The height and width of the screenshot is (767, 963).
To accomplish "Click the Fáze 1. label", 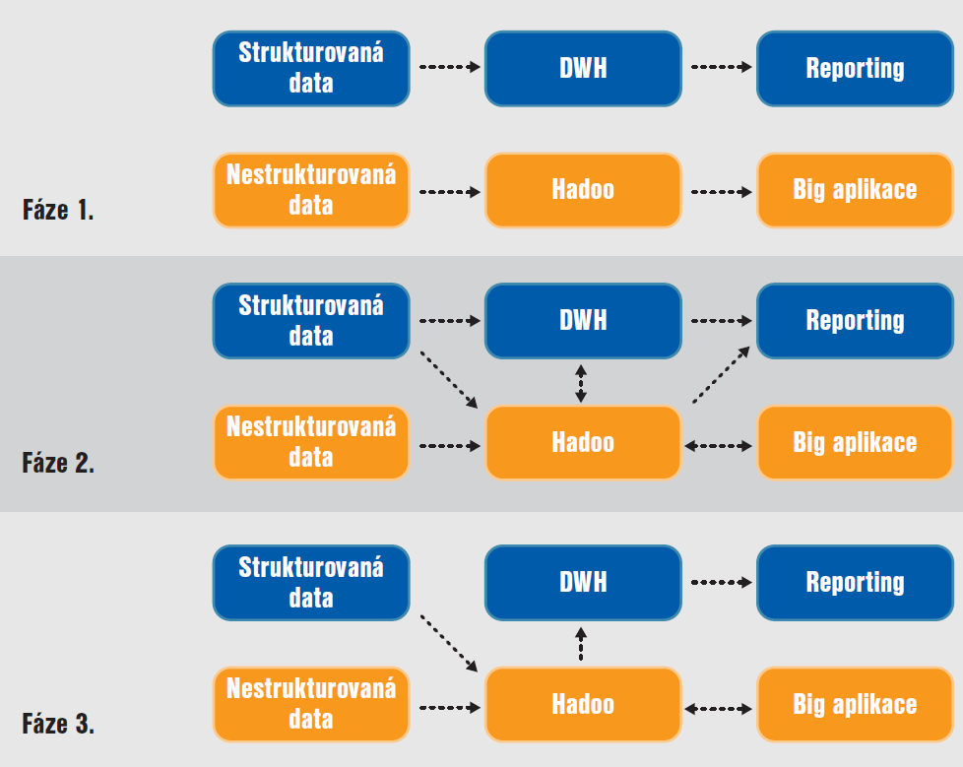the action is point(58,210).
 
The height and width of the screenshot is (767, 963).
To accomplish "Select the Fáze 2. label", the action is point(58,463).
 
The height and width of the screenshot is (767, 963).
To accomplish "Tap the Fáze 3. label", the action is point(58,724).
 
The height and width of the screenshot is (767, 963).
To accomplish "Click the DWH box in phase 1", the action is point(583,69).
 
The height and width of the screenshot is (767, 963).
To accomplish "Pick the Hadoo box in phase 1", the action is point(583,190).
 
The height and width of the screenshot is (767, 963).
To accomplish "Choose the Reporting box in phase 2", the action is point(855,321).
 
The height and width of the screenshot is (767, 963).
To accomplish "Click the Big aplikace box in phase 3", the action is point(855,704).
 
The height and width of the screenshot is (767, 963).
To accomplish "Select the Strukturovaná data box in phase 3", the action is point(311,583).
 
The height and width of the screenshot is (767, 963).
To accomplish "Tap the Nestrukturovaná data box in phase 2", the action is point(311,442).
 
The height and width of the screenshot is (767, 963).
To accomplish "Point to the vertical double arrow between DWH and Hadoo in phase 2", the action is point(581,384).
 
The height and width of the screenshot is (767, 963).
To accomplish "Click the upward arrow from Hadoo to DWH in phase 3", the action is point(581,644).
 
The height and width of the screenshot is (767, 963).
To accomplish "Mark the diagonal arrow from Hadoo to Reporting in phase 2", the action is point(721,374).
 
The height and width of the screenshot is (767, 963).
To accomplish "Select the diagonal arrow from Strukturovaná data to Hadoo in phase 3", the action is point(449,643).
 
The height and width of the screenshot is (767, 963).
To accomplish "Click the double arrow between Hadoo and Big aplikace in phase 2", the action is point(718,446).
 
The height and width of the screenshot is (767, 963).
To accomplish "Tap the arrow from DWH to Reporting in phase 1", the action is point(722,67).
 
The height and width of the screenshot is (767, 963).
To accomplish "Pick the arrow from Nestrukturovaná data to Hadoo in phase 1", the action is point(450,192).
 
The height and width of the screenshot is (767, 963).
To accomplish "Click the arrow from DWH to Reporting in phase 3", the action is point(722,582).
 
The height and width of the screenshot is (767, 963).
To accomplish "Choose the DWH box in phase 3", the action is point(583,583).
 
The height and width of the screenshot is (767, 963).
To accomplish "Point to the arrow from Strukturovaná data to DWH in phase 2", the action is point(450,321).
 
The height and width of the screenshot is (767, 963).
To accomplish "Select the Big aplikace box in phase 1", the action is point(855,190).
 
